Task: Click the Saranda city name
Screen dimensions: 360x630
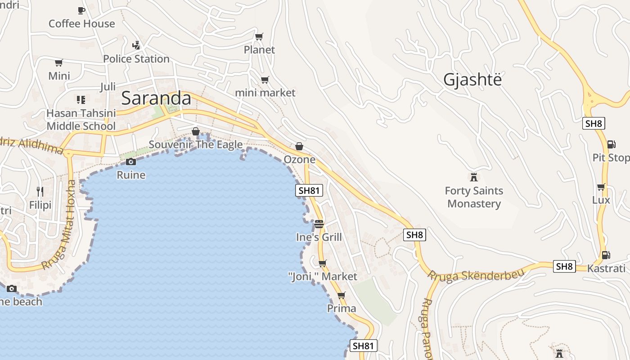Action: (x=156, y=98)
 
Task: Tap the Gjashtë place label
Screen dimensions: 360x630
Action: (x=472, y=80)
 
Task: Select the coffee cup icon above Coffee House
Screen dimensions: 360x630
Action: (x=81, y=10)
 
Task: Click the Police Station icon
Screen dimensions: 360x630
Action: (x=136, y=45)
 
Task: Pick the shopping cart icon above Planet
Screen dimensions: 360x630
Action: (x=259, y=36)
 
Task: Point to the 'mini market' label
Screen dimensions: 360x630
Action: (x=265, y=93)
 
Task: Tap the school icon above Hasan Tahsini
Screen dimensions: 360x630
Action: (x=81, y=99)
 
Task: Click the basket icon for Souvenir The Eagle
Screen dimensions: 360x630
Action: (x=196, y=131)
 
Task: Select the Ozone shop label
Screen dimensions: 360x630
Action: (x=299, y=159)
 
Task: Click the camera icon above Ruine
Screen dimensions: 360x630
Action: (x=131, y=162)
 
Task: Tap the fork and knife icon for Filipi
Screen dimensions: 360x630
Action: (x=40, y=192)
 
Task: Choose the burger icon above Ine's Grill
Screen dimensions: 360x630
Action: (x=319, y=224)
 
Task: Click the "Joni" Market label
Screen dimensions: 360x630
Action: (x=322, y=276)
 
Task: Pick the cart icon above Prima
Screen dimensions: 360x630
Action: (x=342, y=296)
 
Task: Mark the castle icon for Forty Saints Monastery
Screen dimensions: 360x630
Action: (x=473, y=177)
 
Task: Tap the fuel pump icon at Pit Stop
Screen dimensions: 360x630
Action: (x=611, y=144)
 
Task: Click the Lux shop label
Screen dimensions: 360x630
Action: (x=601, y=200)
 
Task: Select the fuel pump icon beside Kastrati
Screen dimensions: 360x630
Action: (x=606, y=255)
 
